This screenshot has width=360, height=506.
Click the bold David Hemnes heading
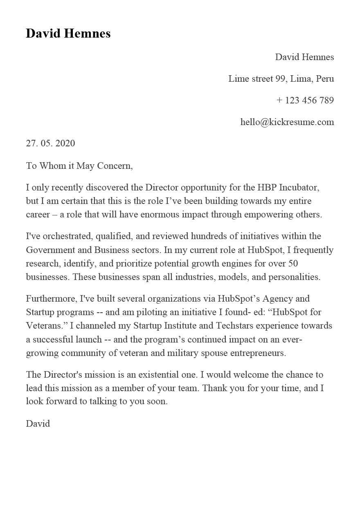68,33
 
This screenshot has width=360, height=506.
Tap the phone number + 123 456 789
305,100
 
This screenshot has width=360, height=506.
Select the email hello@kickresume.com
287,122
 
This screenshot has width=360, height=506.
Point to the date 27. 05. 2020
50,143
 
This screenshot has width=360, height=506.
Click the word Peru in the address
325,78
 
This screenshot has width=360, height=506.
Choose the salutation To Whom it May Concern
79,166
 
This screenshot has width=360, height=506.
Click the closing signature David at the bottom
38,423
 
